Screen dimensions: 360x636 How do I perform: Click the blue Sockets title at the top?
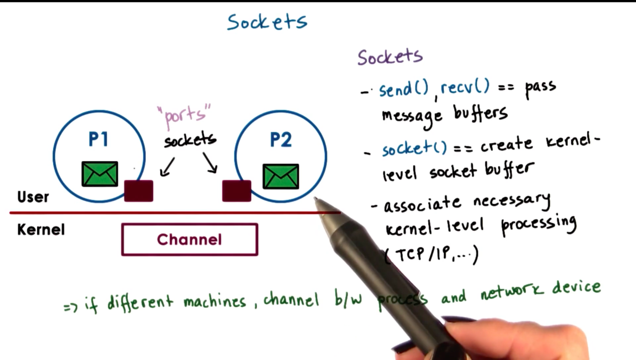pyautogui.click(x=267, y=22)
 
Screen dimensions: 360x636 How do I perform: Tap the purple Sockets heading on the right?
pyautogui.click(x=390, y=57)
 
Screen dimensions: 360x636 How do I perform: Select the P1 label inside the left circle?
pyautogui.click(x=99, y=139)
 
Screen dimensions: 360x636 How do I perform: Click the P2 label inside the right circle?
pyautogui.click(x=280, y=140)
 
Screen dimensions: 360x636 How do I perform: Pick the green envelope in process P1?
pyautogui.click(x=100, y=174)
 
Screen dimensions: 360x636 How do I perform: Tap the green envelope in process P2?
pyautogui.click(x=281, y=176)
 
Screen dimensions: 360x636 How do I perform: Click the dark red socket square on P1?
pyautogui.click(x=139, y=191)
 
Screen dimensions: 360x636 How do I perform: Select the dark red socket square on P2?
pyautogui.click(x=236, y=191)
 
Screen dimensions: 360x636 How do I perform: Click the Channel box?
pyautogui.click(x=190, y=239)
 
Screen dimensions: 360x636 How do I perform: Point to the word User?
pyautogui.click(x=33, y=197)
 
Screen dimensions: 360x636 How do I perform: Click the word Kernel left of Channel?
pyautogui.click(x=41, y=230)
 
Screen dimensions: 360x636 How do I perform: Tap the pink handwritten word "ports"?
pyautogui.click(x=184, y=116)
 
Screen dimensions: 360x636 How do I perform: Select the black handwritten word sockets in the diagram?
pyautogui.click(x=190, y=140)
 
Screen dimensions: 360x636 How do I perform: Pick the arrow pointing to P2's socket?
pyautogui.click(x=210, y=163)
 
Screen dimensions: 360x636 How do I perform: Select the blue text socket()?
pyautogui.click(x=414, y=148)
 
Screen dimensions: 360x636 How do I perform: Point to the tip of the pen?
pyautogui.click(x=316, y=199)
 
